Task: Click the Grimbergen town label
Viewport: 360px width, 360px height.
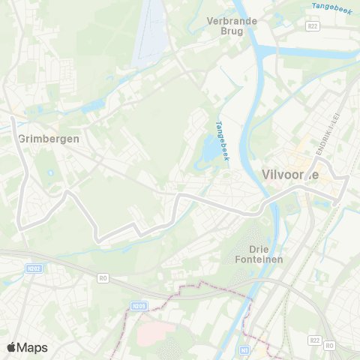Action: [49, 139]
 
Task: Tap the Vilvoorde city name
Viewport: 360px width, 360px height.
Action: [290, 174]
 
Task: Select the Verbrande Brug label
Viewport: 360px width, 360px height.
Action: [232, 26]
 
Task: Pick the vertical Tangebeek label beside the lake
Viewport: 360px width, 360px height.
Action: [222, 141]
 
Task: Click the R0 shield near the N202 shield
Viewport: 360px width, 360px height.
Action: [103, 277]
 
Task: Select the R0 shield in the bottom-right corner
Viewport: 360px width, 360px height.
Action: [330, 346]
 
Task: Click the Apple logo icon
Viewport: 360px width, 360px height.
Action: [12, 347]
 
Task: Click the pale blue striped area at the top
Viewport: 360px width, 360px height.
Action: [150, 30]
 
